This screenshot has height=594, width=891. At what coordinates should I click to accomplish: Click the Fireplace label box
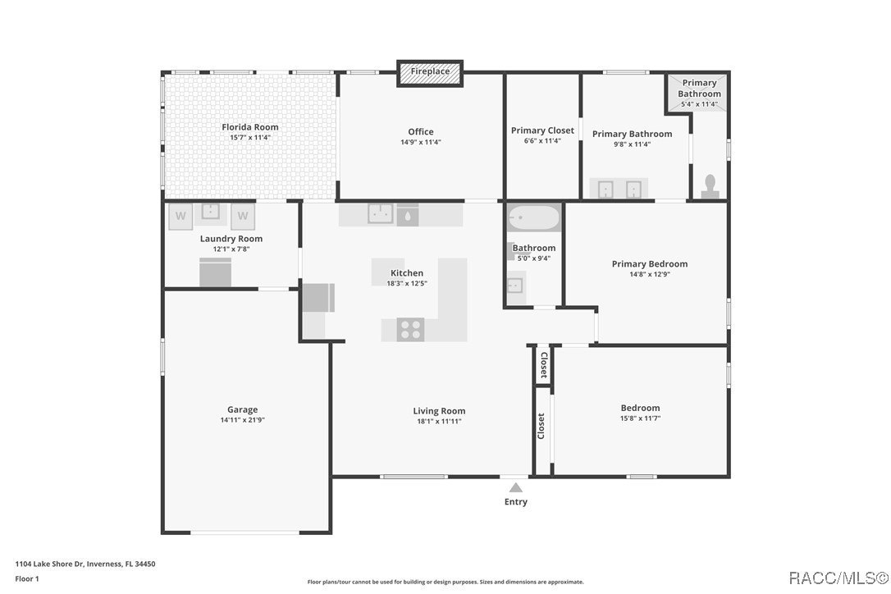point(430,72)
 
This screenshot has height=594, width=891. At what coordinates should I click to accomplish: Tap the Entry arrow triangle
point(515,487)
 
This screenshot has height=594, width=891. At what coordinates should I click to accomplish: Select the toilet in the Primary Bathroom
point(711,185)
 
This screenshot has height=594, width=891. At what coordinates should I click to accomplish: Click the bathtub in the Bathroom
point(533,218)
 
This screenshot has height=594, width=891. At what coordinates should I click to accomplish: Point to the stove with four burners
point(410,329)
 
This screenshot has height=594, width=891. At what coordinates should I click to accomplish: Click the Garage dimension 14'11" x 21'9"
point(242,420)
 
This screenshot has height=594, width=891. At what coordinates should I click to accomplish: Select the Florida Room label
point(250,127)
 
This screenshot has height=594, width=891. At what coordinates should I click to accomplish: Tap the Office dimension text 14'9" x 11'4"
point(420,142)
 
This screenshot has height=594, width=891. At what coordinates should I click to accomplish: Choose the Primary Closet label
point(542,130)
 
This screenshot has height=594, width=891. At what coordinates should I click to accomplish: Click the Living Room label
point(439,411)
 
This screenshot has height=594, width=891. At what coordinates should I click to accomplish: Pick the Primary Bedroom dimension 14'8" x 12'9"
point(649,275)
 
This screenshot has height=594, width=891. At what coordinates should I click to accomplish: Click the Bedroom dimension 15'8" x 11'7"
point(640,418)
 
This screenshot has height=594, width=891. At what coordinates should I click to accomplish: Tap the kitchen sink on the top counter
point(380,214)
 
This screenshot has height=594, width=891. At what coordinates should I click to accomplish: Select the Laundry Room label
point(231,239)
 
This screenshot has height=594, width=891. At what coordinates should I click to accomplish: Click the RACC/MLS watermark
point(838,578)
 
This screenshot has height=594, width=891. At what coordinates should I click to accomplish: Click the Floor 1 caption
point(27,578)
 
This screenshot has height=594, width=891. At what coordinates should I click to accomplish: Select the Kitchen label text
point(406,273)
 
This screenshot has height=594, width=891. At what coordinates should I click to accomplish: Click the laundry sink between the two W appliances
point(212,212)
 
